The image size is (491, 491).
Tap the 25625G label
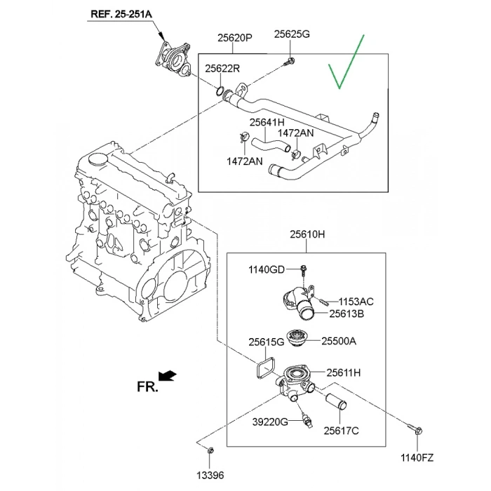[291, 33]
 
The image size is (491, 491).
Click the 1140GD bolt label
[267, 270]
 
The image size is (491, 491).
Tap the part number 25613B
[347, 315]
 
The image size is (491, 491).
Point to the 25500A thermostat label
[339, 341]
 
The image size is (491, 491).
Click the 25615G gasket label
[266, 342]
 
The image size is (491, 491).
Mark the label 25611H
[343, 372]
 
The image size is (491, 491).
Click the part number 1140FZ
[417, 458]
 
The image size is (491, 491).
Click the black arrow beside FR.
[169, 378]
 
